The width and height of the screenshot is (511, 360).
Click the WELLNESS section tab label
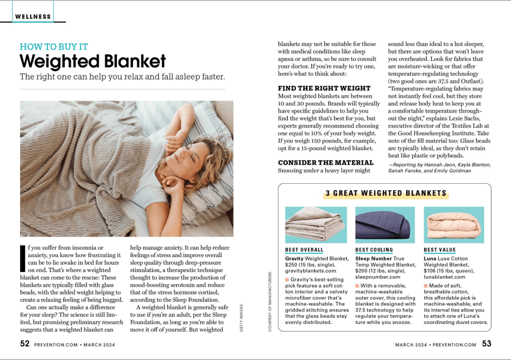tap(33, 16)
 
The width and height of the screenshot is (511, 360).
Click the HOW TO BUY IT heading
tap(54, 47)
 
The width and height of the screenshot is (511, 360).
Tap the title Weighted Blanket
tap(92, 61)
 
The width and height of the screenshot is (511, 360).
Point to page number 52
tap(25, 344)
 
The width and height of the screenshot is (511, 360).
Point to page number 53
tap(487, 344)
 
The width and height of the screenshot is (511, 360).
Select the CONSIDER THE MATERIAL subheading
tap(326, 162)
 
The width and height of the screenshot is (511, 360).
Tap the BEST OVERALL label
tap(304, 250)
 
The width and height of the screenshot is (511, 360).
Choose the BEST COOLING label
tap(374, 250)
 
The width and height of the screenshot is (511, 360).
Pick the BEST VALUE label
tap(440, 250)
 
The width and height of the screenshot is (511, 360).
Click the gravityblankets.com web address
tap(309, 271)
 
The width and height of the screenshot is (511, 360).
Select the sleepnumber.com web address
tap(378, 277)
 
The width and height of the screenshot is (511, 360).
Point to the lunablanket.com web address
tap(445, 277)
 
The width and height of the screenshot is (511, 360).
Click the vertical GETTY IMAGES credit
tap(241, 320)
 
